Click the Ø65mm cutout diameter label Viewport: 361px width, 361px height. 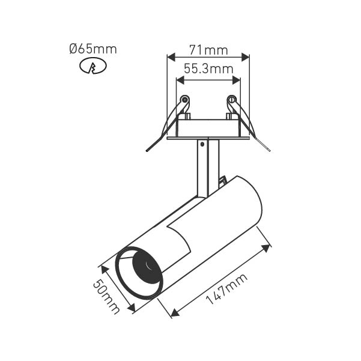coord(93,49)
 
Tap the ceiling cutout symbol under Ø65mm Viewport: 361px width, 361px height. coord(93,66)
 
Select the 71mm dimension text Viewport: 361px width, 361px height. coord(208,50)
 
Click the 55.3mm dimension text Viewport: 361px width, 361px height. coord(208,68)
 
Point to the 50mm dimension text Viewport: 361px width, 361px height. coord(106,296)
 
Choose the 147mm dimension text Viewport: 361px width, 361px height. coord(226,289)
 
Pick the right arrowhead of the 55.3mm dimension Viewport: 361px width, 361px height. coord(236,80)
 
